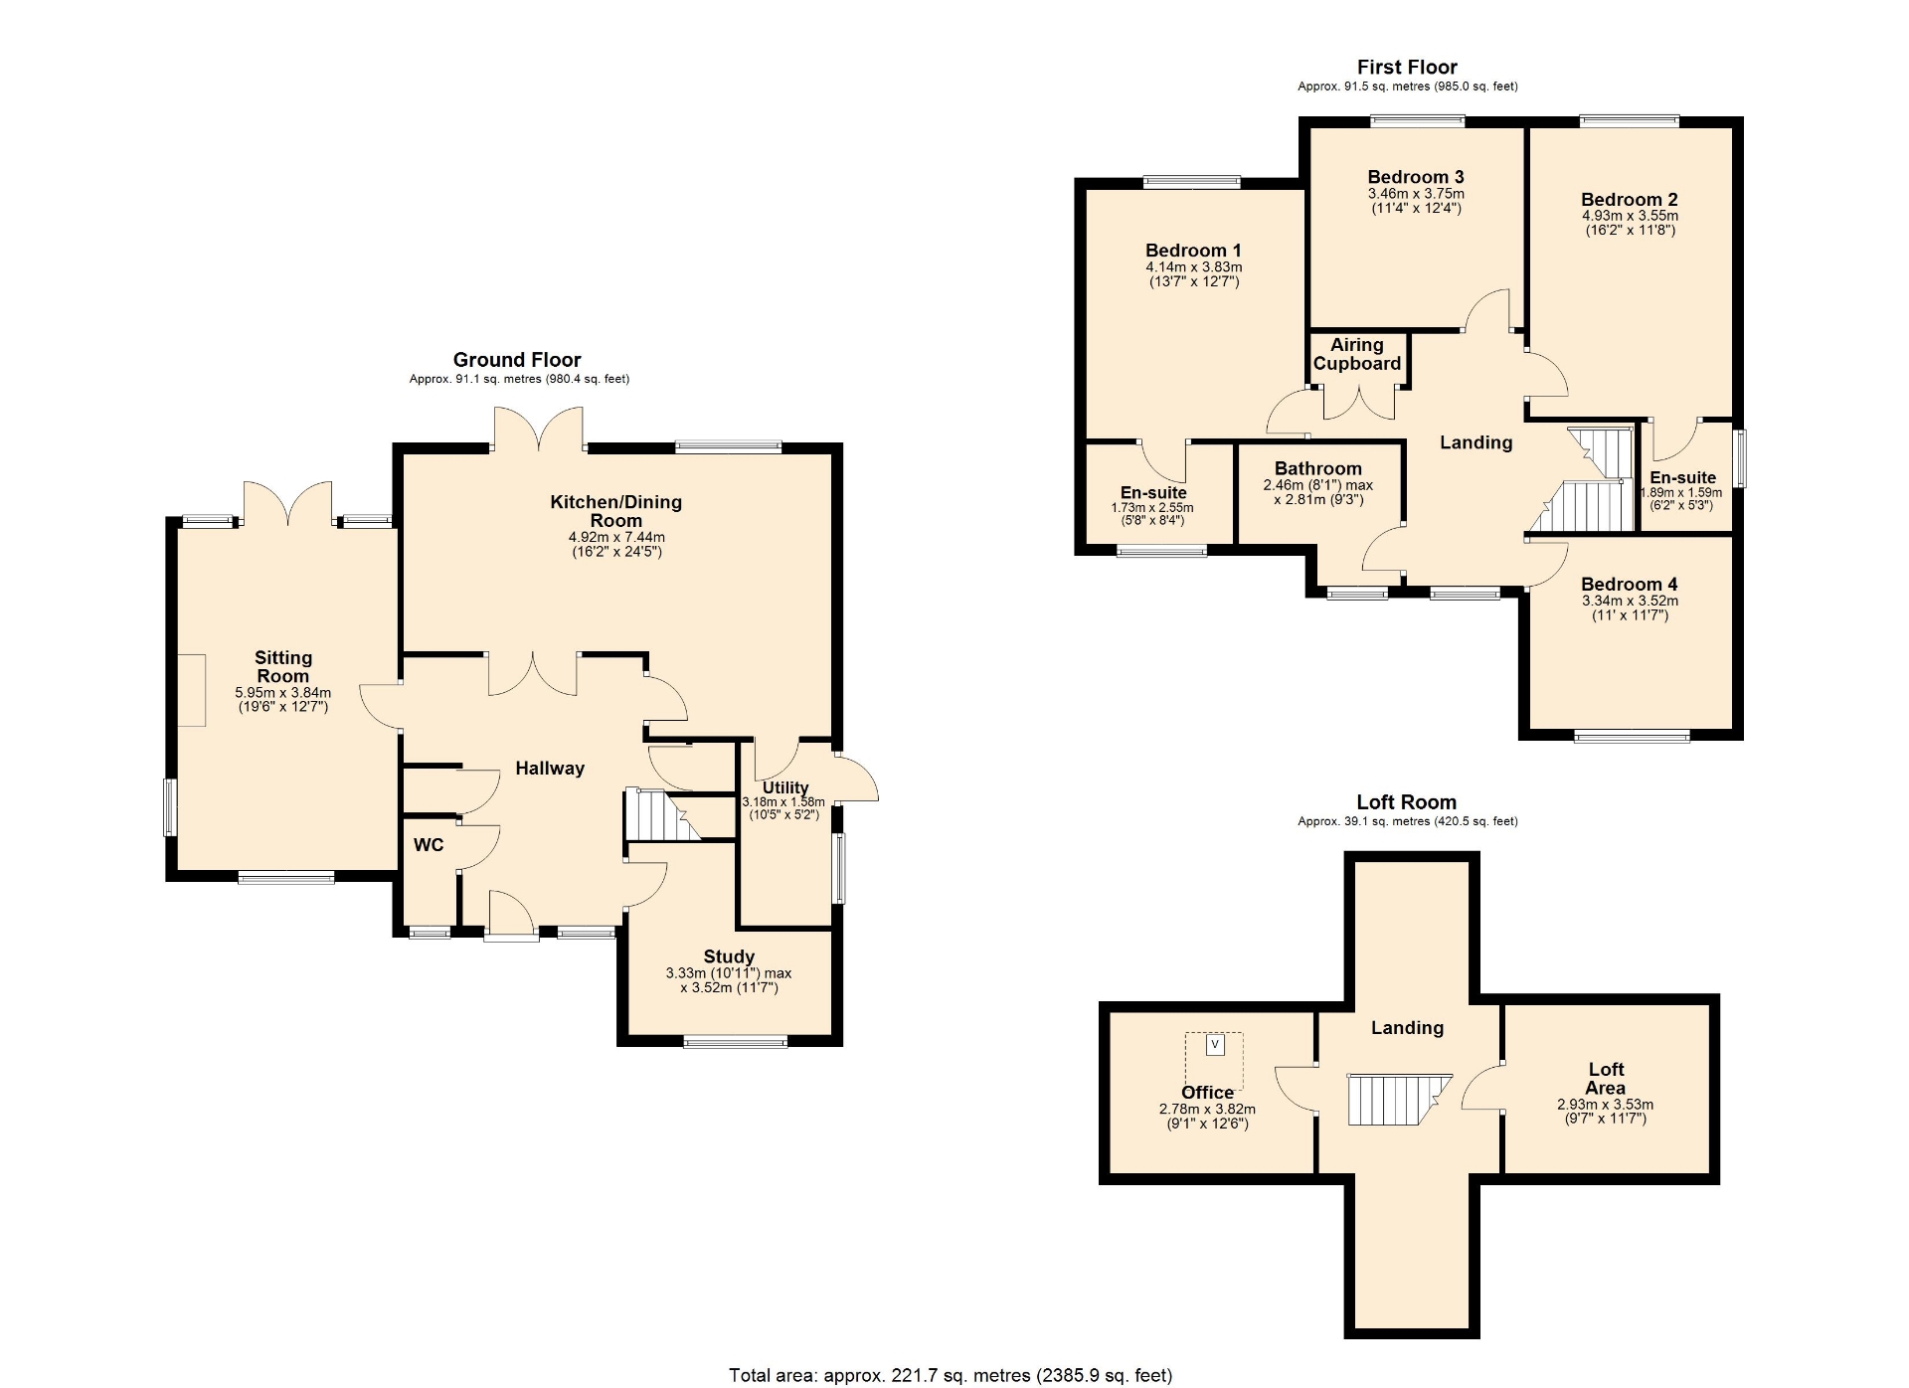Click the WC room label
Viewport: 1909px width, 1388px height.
pos(429,845)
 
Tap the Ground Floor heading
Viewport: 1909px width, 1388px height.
pos(517,360)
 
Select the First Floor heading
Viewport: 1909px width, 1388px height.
pos(1407,68)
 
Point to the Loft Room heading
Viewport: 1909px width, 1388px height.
pos(1406,802)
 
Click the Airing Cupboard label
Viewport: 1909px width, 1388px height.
pos(1357,354)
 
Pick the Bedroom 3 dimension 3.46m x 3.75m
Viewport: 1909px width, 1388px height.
pos(1416,194)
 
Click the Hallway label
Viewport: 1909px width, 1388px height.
pos(550,769)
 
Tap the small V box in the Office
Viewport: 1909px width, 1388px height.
pos(1214,1045)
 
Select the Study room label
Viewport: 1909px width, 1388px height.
pos(729,956)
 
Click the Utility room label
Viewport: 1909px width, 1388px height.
pos(785,787)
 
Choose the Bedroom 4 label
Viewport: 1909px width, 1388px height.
pos(1629,585)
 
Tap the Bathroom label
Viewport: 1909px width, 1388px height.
pos(1318,468)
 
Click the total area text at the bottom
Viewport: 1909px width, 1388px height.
pos(951,1375)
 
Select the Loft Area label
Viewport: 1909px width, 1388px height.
pos(1606,1079)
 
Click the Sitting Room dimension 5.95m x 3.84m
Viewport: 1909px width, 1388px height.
pos(283,693)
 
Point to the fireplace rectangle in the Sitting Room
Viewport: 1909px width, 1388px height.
pos(192,690)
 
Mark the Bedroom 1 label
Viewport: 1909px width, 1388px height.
pos(1193,251)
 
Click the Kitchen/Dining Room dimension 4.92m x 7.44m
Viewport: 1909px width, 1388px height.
pos(616,537)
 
